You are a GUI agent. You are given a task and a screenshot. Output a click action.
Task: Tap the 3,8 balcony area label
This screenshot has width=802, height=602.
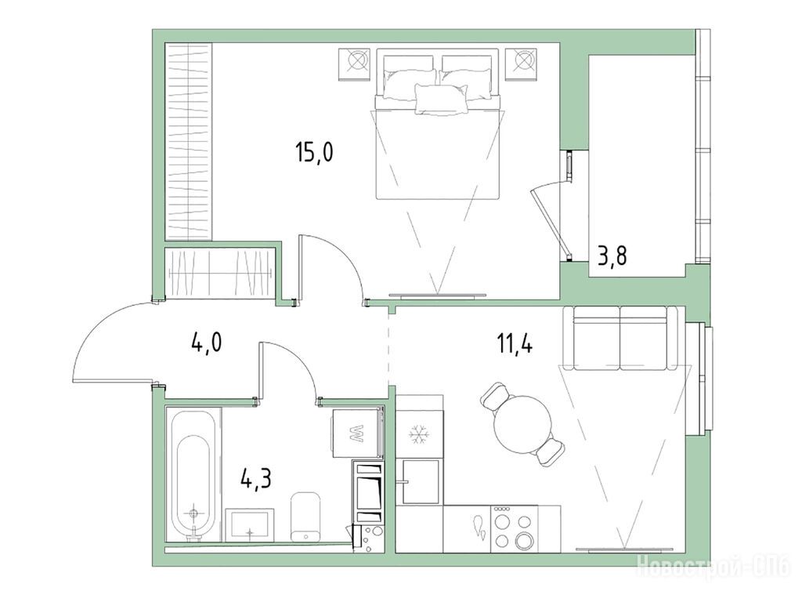[x=612, y=255]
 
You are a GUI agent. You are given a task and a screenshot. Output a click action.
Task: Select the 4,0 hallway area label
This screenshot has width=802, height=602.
[x=207, y=343]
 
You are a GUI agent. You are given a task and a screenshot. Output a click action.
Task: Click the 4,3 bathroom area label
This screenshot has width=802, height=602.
[x=256, y=480]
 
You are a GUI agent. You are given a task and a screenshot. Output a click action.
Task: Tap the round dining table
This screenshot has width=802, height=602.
[x=522, y=424]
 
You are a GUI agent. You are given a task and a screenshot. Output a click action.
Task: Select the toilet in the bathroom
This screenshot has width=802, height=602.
[x=305, y=517]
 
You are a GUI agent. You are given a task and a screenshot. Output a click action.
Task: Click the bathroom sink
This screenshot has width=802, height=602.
[x=250, y=524]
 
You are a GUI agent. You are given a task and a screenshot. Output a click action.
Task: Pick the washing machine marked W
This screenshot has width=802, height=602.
[x=357, y=433]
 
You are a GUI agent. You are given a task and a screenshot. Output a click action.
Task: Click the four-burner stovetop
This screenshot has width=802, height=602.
[x=514, y=529]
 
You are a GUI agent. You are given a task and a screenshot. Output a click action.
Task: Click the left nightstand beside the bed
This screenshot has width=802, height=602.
[x=355, y=64]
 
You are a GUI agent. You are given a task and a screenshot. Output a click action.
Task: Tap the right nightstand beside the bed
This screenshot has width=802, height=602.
[x=522, y=64]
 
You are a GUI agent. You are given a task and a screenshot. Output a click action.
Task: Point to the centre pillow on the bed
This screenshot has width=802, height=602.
[x=442, y=99]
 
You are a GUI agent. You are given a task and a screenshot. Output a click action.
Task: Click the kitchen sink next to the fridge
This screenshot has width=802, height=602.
[x=421, y=481]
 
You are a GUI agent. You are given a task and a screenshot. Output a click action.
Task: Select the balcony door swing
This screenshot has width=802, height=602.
[x=551, y=220]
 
